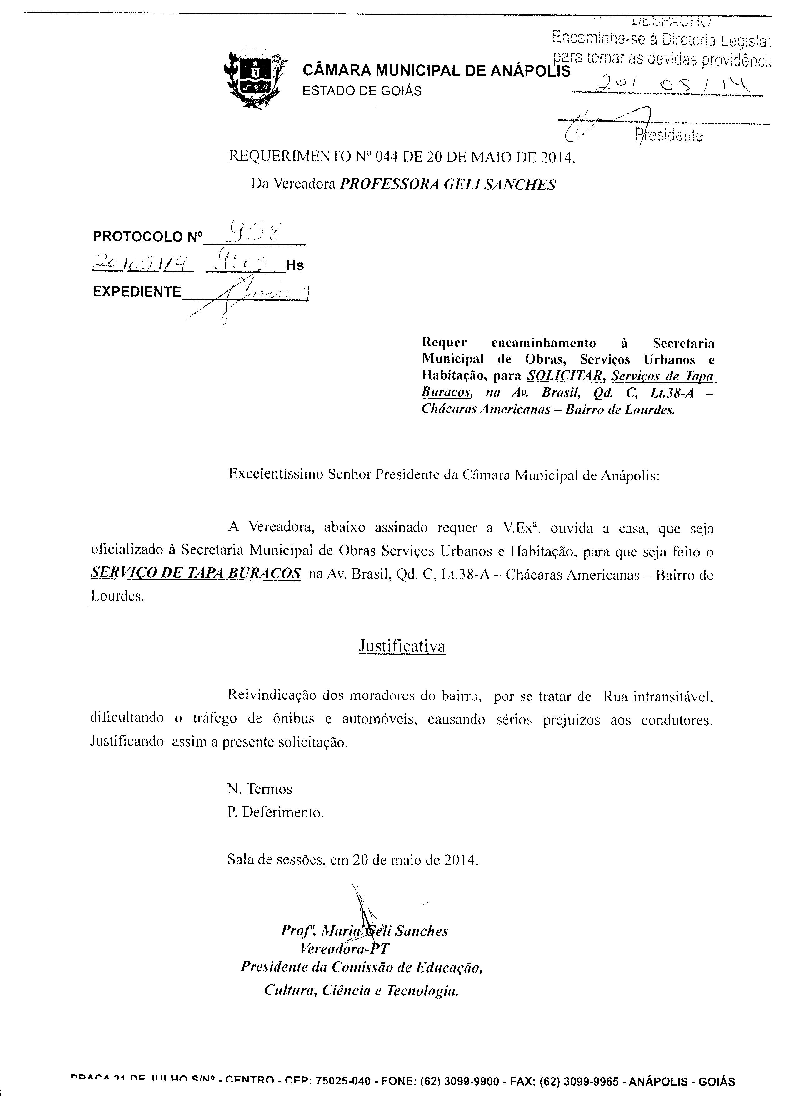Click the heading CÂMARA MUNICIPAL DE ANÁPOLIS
[x=436, y=71]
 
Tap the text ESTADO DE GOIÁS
[x=362, y=91]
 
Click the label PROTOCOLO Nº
[x=147, y=237]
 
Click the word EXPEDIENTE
[x=137, y=292]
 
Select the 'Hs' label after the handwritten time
[x=295, y=265]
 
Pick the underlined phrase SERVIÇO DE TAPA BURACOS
[x=195, y=573]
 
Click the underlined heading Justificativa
[x=402, y=646]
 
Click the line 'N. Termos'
[x=260, y=789]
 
